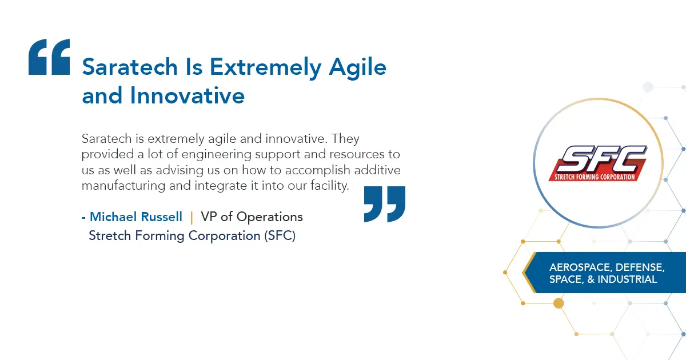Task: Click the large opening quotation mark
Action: tap(49, 57)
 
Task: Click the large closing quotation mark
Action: tap(385, 204)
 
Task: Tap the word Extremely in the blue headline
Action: tap(265, 67)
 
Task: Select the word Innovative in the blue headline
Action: tap(187, 95)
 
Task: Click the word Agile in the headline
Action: tap(357, 68)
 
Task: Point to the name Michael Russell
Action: tap(136, 217)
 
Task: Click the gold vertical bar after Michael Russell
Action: tap(192, 217)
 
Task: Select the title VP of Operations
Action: tap(252, 217)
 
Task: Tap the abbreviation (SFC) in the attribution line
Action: tap(280, 235)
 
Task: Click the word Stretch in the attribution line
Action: tap(110, 235)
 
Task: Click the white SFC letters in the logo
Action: tap(603, 159)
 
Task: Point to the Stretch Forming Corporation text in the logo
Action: tap(595, 177)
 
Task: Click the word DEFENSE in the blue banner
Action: tap(640, 267)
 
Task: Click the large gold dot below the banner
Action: tap(559, 303)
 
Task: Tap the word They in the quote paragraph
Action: tap(345, 139)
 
